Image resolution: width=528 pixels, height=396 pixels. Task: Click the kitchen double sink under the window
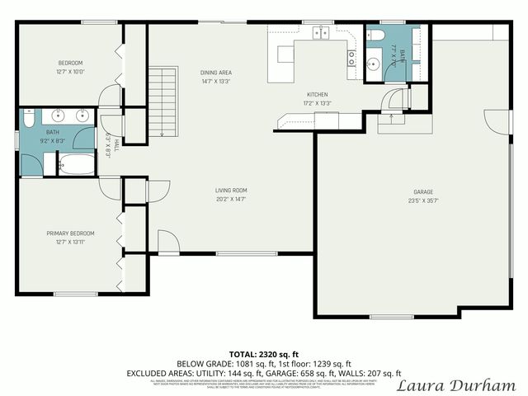point(320,33)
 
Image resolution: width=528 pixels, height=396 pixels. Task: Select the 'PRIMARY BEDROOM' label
point(70,233)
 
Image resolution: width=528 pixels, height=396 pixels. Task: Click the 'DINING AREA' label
point(215,73)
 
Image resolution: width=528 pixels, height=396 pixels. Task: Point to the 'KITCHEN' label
point(318,94)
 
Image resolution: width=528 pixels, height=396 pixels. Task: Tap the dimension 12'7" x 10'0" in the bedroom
point(70,72)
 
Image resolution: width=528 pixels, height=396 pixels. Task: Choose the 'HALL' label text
point(115,145)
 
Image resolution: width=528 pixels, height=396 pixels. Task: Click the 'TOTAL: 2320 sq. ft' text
point(263,353)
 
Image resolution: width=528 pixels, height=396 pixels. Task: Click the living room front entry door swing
point(167,242)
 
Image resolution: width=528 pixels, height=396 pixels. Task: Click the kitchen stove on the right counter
point(351,58)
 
